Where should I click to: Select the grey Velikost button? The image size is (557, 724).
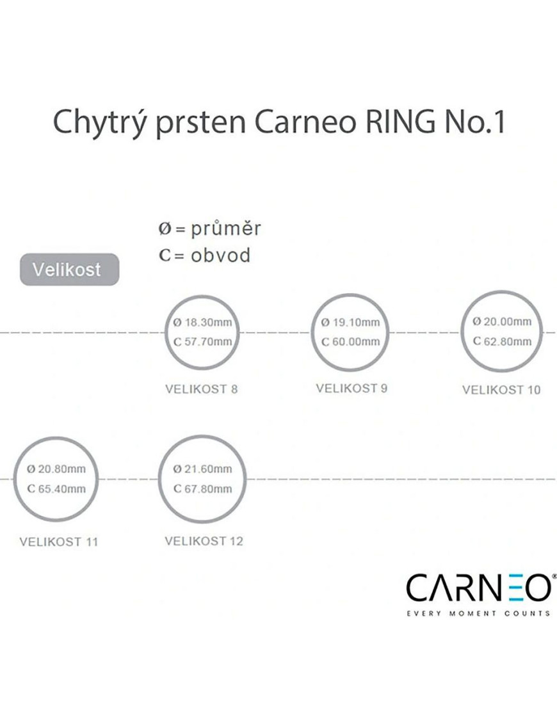click(69, 269)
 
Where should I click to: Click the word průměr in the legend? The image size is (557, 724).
click(226, 228)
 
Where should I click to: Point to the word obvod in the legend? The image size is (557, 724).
click(221, 255)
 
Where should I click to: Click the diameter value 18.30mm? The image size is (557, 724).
click(208, 322)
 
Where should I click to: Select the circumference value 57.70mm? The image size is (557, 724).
click(208, 342)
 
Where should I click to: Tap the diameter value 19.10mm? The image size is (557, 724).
click(356, 322)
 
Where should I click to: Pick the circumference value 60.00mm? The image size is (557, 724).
click(356, 342)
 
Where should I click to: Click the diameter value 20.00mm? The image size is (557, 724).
click(507, 321)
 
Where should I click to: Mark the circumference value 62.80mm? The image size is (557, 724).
click(507, 341)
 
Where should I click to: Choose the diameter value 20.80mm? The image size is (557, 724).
click(61, 469)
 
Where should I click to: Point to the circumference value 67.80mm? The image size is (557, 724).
click(208, 488)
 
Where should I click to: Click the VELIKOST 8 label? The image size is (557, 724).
click(202, 389)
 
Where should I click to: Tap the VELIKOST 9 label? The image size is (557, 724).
click(351, 389)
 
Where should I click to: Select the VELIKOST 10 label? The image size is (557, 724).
click(501, 390)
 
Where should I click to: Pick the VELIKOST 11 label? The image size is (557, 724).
click(59, 542)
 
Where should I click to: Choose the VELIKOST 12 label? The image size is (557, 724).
click(204, 541)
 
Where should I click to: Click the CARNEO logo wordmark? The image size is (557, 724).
click(479, 587)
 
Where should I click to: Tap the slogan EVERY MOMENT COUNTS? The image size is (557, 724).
click(478, 613)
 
